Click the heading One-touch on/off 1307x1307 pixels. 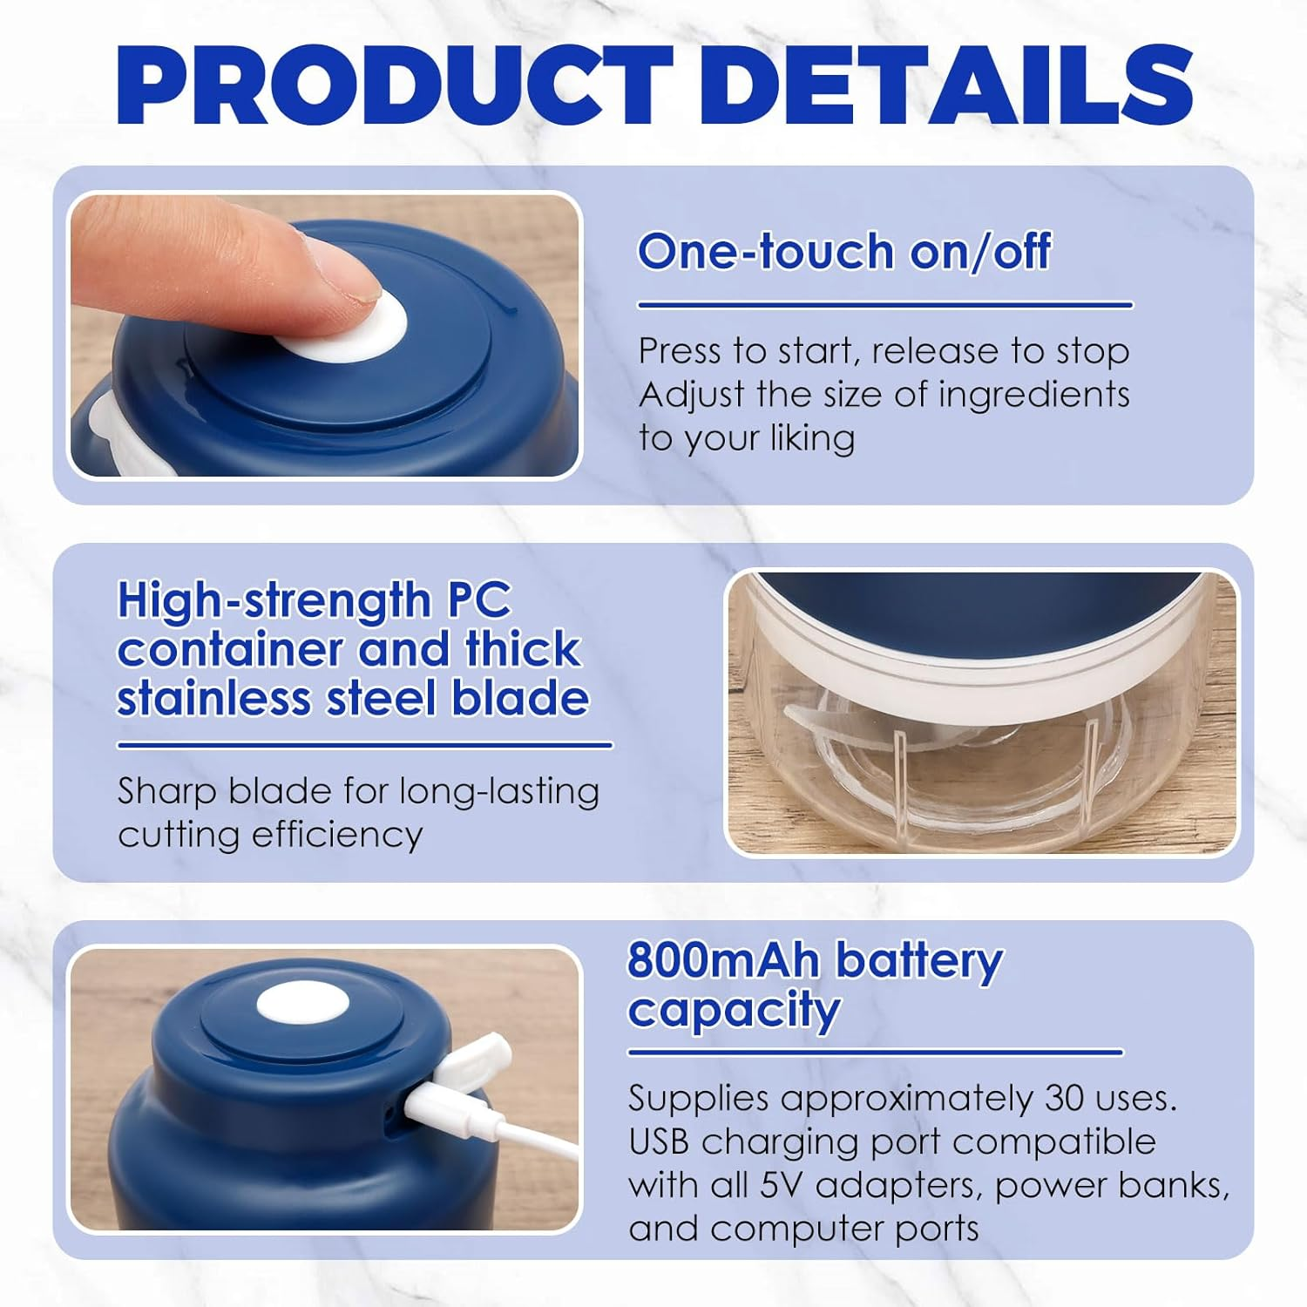pyautogui.click(x=844, y=251)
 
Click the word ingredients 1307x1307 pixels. pyautogui.click(x=1033, y=394)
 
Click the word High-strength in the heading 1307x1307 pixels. pyautogui.click(x=274, y=601)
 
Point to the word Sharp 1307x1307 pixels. pyautogui.click(x=167, y=792)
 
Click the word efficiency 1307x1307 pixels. pyautogui.click(x=337, y=835)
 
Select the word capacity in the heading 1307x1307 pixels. pyautogui.click(x=734, y=1012)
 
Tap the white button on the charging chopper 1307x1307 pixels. pyautogui.click(x=302, y=1002)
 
